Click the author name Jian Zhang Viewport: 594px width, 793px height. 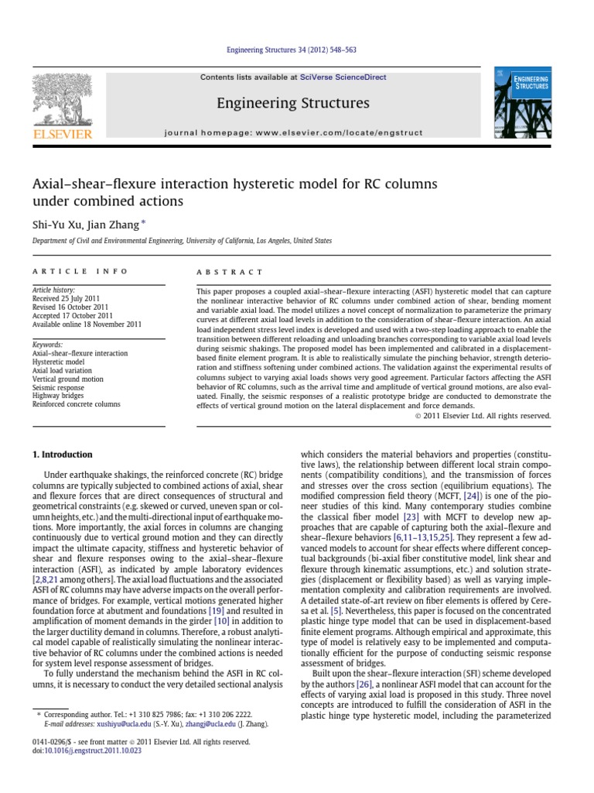click(116, 225)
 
